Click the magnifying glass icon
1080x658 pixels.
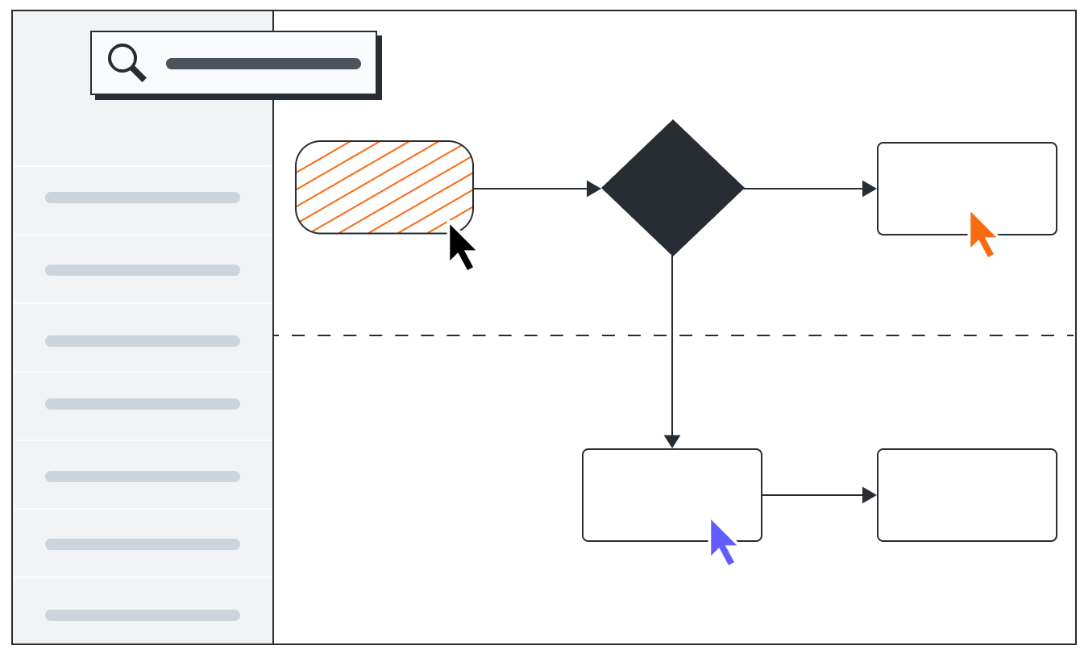(126, 61)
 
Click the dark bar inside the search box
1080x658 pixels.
(263, 64)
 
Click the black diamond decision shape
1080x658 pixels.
(672, 188)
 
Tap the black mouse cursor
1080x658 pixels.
(460, 246)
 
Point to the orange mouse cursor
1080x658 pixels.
(981, 233)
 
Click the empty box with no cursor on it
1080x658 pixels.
(966, 494)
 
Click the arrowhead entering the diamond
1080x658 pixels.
(594, 189)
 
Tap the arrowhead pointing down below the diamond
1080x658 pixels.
(672, 441)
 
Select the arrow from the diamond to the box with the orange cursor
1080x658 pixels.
(806, 189)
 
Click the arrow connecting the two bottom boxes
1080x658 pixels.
(814, 495)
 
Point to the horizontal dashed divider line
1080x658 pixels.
(484, 335)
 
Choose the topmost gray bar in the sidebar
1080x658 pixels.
(143, 198)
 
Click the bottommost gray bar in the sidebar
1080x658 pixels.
(143, 615)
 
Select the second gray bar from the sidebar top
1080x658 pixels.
(143, 270)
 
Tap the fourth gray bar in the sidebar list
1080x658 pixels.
(143, 404)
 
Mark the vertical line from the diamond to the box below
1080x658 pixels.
(672, 363)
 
